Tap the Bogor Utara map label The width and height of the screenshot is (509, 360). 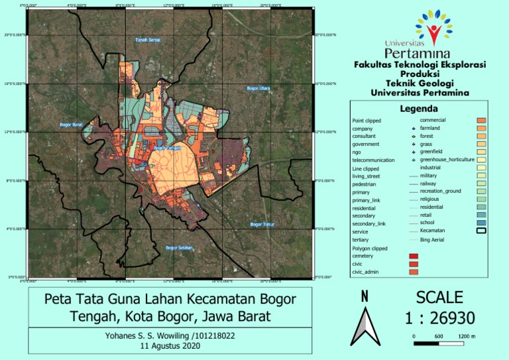258,88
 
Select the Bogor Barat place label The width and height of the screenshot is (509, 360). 71,125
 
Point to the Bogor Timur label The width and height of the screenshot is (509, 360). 262,225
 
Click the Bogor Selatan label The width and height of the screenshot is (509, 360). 179,248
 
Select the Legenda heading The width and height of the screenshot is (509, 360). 419,109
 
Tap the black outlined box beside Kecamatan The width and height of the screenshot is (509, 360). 482,231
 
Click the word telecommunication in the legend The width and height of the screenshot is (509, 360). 373,160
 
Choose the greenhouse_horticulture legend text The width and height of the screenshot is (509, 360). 447,160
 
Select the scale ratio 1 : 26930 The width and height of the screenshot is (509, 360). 439,319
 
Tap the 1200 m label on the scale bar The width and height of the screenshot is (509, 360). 467,336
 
